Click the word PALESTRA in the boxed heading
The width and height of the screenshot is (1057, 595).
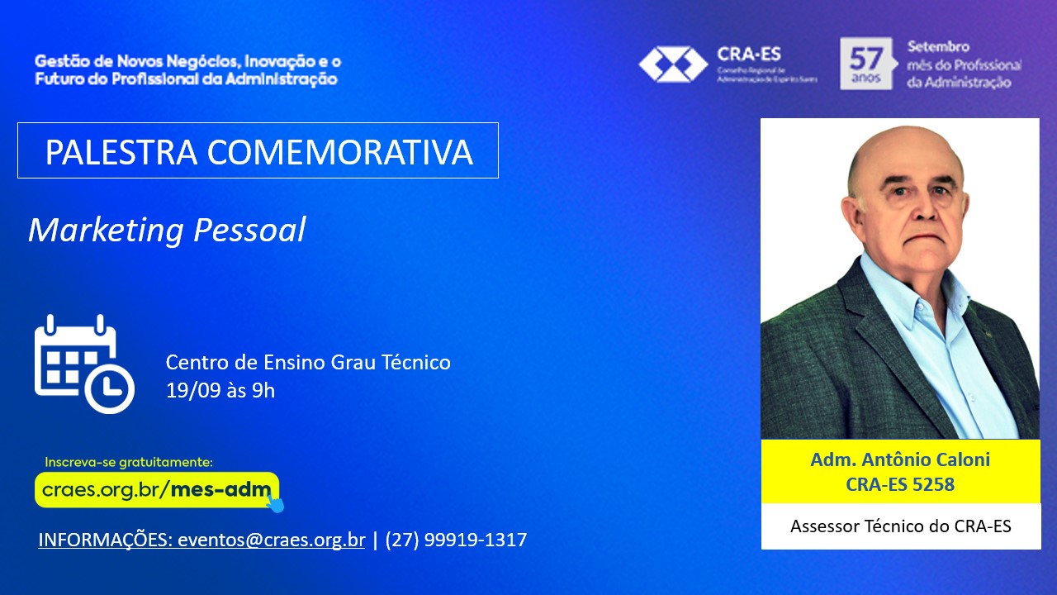coord(121,152)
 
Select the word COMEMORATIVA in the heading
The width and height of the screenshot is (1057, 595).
coord(339,152)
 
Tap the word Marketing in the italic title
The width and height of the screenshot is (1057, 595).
coord(106,231)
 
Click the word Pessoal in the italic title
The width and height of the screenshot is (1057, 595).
coord(249,230)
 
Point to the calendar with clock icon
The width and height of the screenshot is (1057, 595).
coord(84,364)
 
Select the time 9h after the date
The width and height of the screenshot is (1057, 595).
coord(263,391)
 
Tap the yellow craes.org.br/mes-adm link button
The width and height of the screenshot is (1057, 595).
coord(157,490)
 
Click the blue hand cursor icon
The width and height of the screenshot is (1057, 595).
coord(275,502)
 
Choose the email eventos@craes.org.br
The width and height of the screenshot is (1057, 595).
coord(272,540)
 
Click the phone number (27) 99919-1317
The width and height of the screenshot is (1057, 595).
coord(456,540)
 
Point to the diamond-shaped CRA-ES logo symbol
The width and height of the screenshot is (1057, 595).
coord(673,64)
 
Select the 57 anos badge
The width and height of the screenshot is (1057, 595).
coord(866,64)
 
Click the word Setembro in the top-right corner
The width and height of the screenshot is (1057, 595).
coord(938,47)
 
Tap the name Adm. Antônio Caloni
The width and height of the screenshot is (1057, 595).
coord(900,459)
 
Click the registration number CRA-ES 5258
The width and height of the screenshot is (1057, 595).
coord(900,484)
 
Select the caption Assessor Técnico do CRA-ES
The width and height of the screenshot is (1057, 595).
coord(901,526)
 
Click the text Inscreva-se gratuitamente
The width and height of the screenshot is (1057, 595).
coord(128,462)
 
